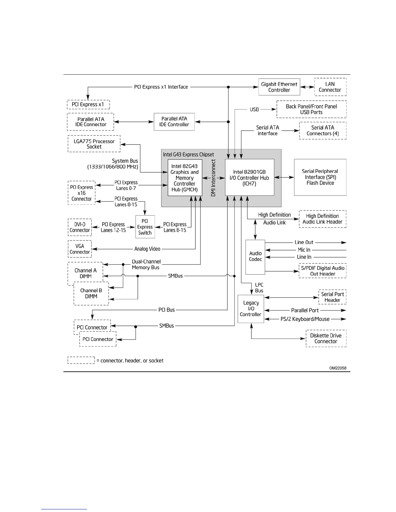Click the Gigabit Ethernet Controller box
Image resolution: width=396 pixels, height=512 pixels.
tap(279, 87)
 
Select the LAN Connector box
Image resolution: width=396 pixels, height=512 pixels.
tap(330, 87)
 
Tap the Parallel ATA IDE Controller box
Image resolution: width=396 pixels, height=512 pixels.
tap(174, 122)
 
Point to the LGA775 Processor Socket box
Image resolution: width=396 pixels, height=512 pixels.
tap(94, 144)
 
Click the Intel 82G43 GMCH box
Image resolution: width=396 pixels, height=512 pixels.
tap(185, 177)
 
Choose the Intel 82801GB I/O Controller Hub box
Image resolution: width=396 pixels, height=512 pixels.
tap(249, 177)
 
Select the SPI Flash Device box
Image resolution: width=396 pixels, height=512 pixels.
tap(320, 177)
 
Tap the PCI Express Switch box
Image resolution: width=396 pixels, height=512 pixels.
tap(145, 227)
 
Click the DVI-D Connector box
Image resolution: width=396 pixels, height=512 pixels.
tap(80, 227)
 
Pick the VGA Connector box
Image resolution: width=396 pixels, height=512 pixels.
tap(80, 249)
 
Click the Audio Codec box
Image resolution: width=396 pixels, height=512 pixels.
tap(255, 257)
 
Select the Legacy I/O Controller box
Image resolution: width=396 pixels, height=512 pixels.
tap(251, 309)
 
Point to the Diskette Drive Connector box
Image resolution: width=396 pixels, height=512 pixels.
tap(326, 338)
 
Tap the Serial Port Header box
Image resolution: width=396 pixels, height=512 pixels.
tap(332, 297)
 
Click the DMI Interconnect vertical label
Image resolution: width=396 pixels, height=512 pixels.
tap(214, 178)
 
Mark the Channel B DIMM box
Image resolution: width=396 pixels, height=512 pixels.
tap(91, 293)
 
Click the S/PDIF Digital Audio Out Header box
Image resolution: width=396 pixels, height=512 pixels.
tap(323, 271)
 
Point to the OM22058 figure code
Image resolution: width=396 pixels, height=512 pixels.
tap(340, 368)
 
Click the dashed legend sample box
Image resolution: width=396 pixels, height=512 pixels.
tap(81, 360)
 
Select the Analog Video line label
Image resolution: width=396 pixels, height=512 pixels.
tap(147, 249)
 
